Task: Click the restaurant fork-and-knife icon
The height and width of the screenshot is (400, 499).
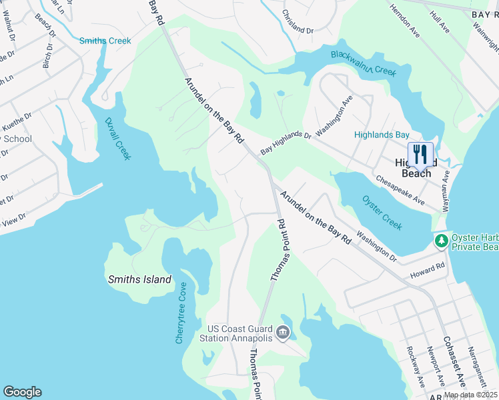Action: click(x=420, y=154)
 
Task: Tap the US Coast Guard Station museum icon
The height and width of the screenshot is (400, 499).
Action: click(x=283, y=332)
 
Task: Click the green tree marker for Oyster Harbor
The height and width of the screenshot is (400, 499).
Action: click(x=440, y=240)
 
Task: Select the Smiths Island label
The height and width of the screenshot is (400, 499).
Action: click(x=139, y=280)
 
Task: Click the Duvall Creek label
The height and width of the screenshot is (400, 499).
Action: click(x=118, y=139)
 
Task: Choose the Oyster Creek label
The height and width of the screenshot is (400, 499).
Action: click(x=382, y=213)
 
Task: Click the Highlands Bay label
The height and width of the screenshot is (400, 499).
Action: click(x=382, y=135)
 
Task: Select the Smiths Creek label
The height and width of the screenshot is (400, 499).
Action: click(x=105, y=41)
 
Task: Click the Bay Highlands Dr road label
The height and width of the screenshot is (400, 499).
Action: click(x=286, y=143)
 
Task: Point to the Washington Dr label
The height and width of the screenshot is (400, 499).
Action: click(x=376, y=245)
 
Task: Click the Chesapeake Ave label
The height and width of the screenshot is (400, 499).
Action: click(x=400, y=190)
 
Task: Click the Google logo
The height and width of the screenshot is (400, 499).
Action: click(x=22, y=392)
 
